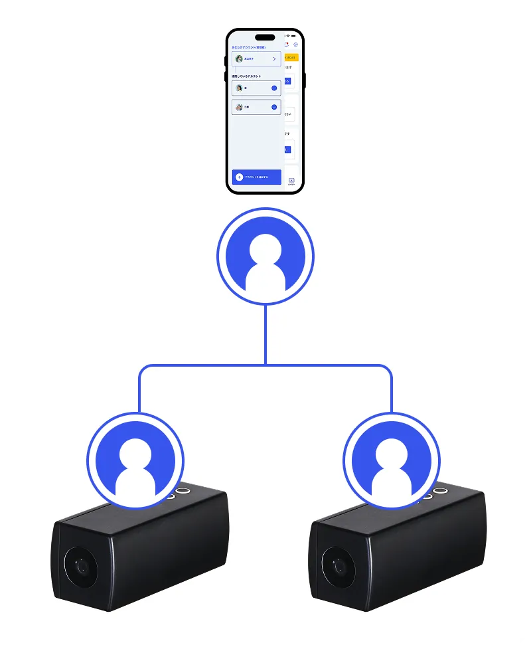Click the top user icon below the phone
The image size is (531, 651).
[265, 256]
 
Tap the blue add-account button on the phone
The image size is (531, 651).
[257, 177]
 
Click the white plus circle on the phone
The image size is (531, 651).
[240, 177]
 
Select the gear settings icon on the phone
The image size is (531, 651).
[295, 45]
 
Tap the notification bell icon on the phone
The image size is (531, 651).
[287, 45]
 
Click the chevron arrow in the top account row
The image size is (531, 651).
[274, 58]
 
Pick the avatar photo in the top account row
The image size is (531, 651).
[239, 58]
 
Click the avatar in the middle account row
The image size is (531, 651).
[239, 88]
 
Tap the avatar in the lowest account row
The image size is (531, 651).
[239, 107]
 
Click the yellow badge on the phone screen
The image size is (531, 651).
[291, 58]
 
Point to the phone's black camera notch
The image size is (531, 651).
[265, 37]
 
